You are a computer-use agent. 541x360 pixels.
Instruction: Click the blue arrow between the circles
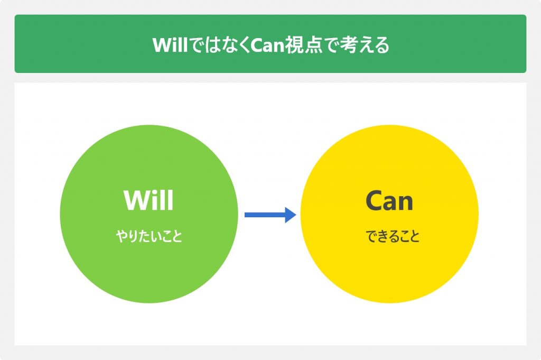coord(270,215)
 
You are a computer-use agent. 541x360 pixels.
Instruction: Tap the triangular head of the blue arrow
coord(290,215)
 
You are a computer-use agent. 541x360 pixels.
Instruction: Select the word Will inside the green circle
coord(148,200)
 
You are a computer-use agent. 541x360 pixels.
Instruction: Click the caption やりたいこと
coord(149,236)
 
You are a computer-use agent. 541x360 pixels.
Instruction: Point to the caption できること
coord(393,236)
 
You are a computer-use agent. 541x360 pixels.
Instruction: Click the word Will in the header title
coord(170,45)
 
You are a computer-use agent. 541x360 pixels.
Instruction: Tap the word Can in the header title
coord(267,45)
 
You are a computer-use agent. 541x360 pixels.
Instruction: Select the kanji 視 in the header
coord(294,45)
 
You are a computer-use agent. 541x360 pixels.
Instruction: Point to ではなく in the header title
coord(219,45)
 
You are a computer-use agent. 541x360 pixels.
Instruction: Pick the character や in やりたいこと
coord(122,236)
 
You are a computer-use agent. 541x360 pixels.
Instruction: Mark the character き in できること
coord(383,236)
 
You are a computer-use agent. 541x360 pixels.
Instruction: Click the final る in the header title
coord(382,45)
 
